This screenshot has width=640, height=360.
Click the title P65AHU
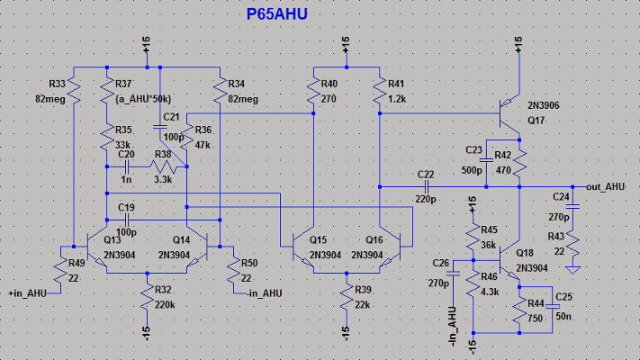pyautogui.click(x=285, y=14)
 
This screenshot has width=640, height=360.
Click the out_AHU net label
pyautogui.click(x=605, y=185)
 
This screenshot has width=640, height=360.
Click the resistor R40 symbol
pyautogui.click(x=311, y=90)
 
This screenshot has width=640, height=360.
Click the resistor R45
pyautogui.click(x=473, y=237)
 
